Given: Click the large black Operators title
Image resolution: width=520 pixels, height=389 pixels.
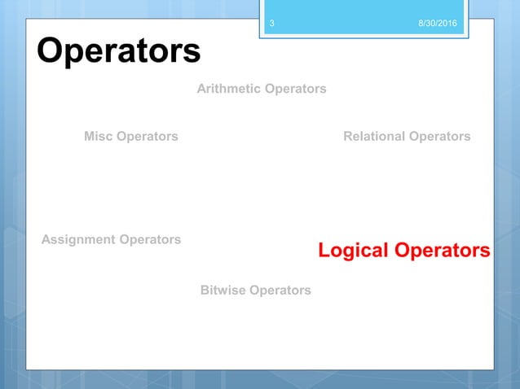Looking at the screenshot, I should point(118,51).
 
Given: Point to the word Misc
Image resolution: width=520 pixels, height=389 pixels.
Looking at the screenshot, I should point(99,137).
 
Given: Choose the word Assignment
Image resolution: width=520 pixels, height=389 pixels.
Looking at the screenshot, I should point(76,239).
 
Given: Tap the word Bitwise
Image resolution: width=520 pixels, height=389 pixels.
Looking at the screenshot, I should point(223,290).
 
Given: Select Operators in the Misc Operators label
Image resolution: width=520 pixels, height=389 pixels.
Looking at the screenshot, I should point(148,137).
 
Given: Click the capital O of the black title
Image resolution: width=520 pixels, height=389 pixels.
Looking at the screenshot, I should point(51,51).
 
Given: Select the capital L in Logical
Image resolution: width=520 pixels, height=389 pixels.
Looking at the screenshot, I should point(324,251).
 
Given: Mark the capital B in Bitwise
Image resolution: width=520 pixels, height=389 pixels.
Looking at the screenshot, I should point(205,290).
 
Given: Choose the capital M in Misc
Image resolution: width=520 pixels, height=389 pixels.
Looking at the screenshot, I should point(90,137).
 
